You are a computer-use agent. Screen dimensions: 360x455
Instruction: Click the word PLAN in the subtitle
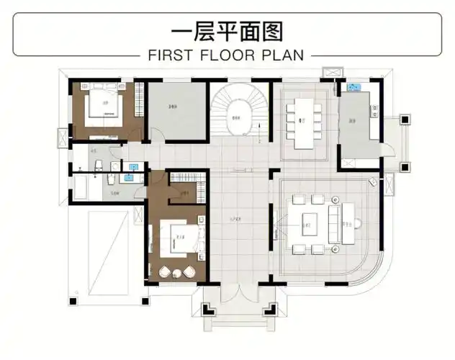[284, 55]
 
